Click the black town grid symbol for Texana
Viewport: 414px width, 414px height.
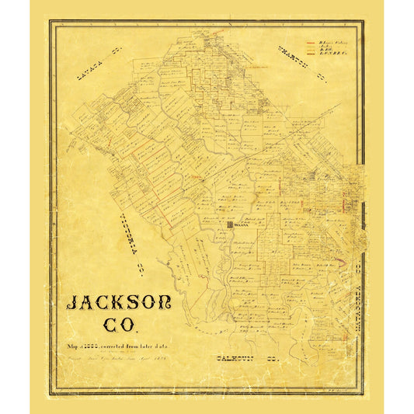[230, 226]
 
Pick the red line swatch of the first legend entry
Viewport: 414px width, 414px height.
[310, 42]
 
